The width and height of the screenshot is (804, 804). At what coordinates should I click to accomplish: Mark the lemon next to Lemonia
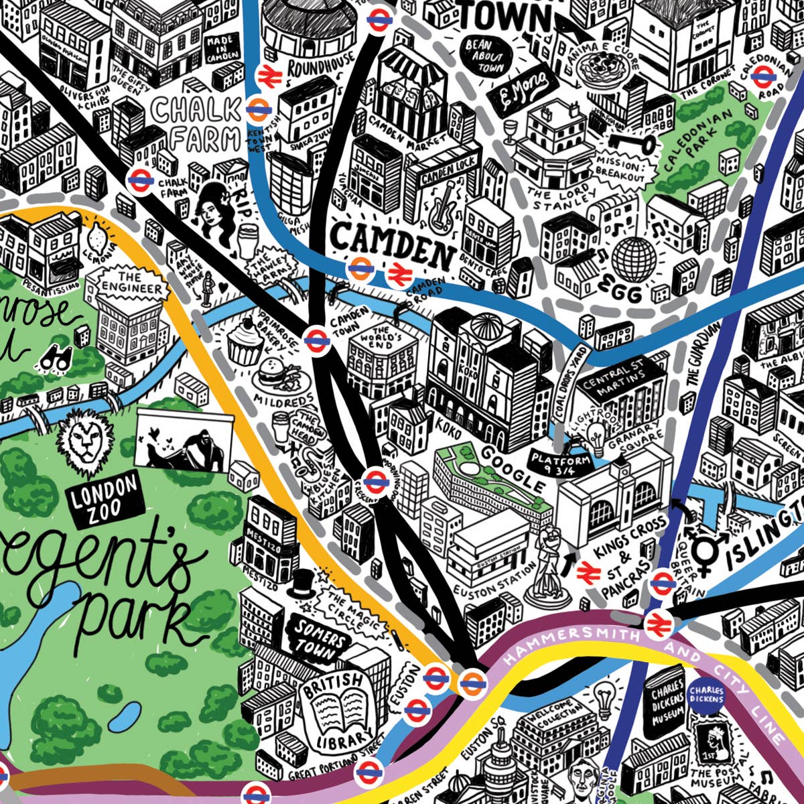(97, 237)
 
